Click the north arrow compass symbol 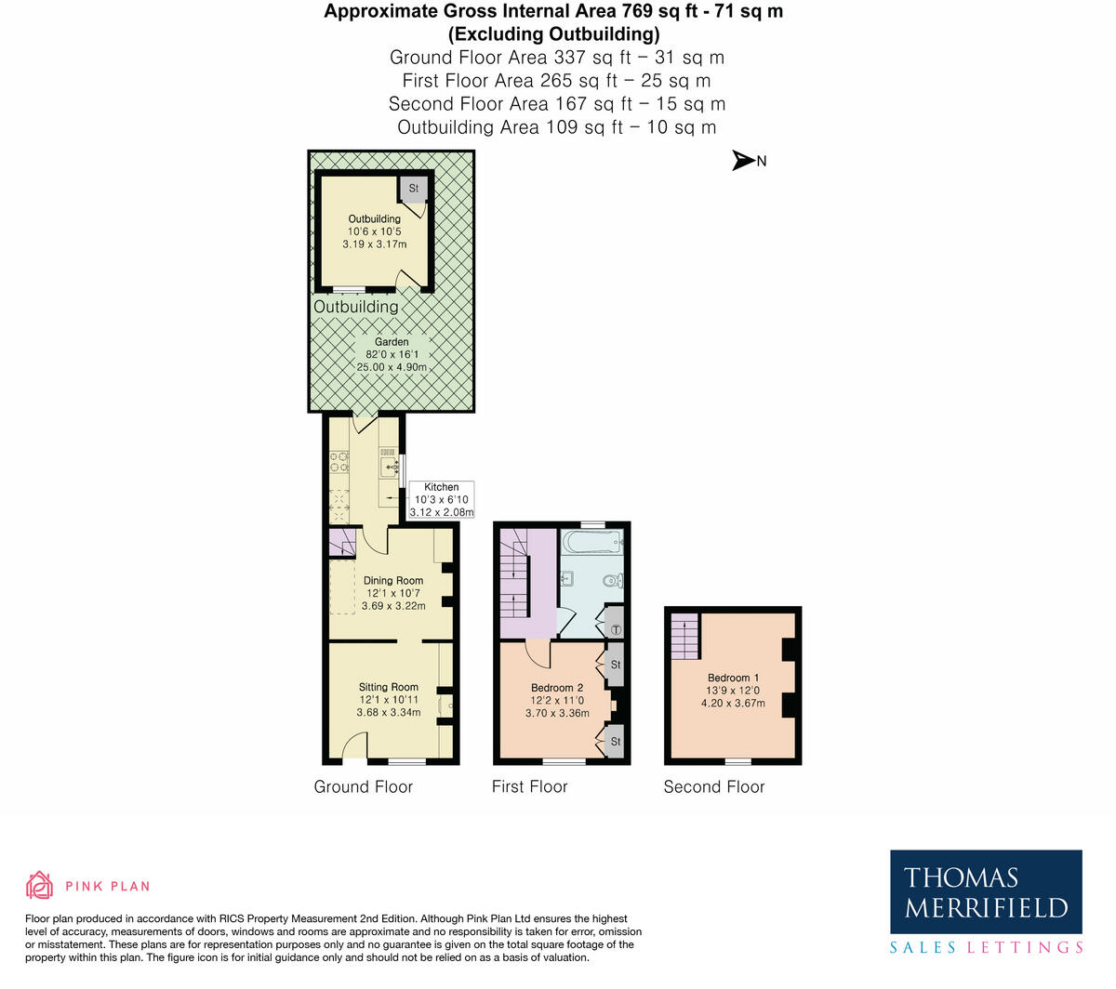744,161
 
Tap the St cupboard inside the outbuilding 414,188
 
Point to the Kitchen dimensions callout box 442,499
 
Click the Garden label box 392,354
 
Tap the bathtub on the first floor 591,542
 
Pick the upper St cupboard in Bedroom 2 615,665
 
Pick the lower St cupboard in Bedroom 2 615,742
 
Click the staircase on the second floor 684,637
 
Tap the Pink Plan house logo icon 39,885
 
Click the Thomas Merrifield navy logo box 986,891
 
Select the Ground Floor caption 363,787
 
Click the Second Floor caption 713,787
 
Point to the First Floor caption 529,787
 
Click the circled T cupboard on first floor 615,629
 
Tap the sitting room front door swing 354,746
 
